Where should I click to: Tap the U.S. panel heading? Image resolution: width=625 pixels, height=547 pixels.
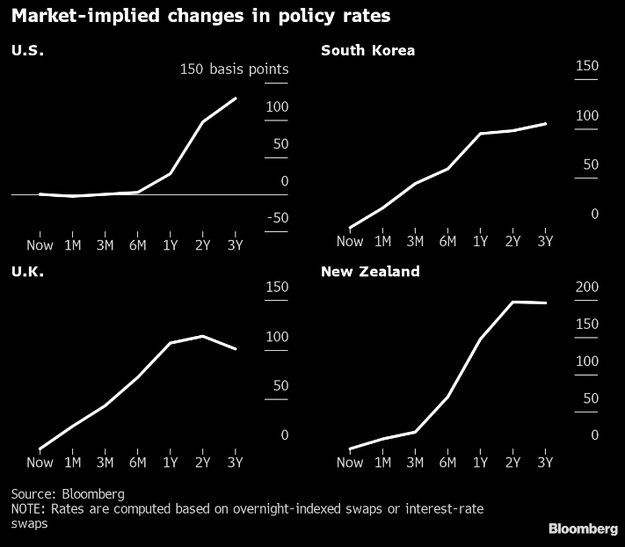pyautogui.click(x=27, y=50)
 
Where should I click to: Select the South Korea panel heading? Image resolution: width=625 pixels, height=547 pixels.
pyautogui.click(x=367, y=50)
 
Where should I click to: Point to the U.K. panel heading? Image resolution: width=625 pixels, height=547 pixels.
pyautogui.click(x=27, y=272)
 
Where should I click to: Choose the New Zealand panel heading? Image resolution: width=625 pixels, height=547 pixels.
pyautogui.click(x=370, y=272)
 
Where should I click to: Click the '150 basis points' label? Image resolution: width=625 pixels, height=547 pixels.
pyautogui.click(x=234, y=69)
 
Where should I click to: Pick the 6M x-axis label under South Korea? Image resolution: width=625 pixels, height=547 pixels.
pyautogui.click(x=447, y=241)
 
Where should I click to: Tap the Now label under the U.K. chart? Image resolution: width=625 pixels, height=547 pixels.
pyautogui.click(x=40, y=463)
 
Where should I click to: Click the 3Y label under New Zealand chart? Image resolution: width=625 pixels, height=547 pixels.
pyautogui.click(x=545, y=463)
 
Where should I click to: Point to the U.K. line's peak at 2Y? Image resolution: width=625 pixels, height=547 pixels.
pyautogui.click(x=203, y=336)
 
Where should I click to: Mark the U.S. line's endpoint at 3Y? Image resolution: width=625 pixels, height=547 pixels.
pyautogui.click(x=236, y=98)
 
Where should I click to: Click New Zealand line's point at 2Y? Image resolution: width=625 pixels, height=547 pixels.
pyautogui.click(x=512, y=302)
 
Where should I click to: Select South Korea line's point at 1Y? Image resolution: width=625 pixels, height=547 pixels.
pyautogui.click(x=480, y=134)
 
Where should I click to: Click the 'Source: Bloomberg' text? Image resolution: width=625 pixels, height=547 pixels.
pyautogui.click(x=68, y=493)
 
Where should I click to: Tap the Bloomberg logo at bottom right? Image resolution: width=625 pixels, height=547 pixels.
pyautogui.click(x=583, y=529)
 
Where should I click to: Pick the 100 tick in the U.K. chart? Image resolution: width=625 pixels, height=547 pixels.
pyautogui.click(x=276, y=337)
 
